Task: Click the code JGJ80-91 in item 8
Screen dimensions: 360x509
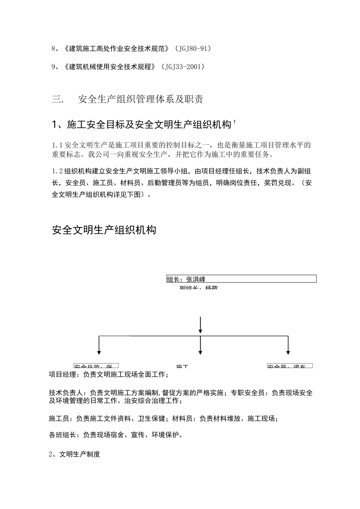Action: pos(193,49)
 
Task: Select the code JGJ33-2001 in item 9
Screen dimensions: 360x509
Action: pos(183,67)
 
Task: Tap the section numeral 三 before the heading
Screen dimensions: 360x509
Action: pos(57,100)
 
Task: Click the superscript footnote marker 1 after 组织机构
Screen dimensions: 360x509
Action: pos(235,122)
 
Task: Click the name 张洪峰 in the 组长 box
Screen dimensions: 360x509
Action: pos(196,279)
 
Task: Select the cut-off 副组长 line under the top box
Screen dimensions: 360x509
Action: pos(199,288)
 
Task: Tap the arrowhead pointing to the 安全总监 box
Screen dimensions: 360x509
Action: pos(99,352)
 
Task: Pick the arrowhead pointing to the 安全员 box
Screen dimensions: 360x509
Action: pos(288,352)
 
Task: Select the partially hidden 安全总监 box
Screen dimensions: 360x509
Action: pos(96,366)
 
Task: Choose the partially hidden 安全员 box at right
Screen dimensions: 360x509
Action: pos(290,366)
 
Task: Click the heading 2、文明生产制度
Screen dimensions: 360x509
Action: pos(75,454)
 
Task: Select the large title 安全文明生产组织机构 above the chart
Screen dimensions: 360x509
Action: pos(104,230)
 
